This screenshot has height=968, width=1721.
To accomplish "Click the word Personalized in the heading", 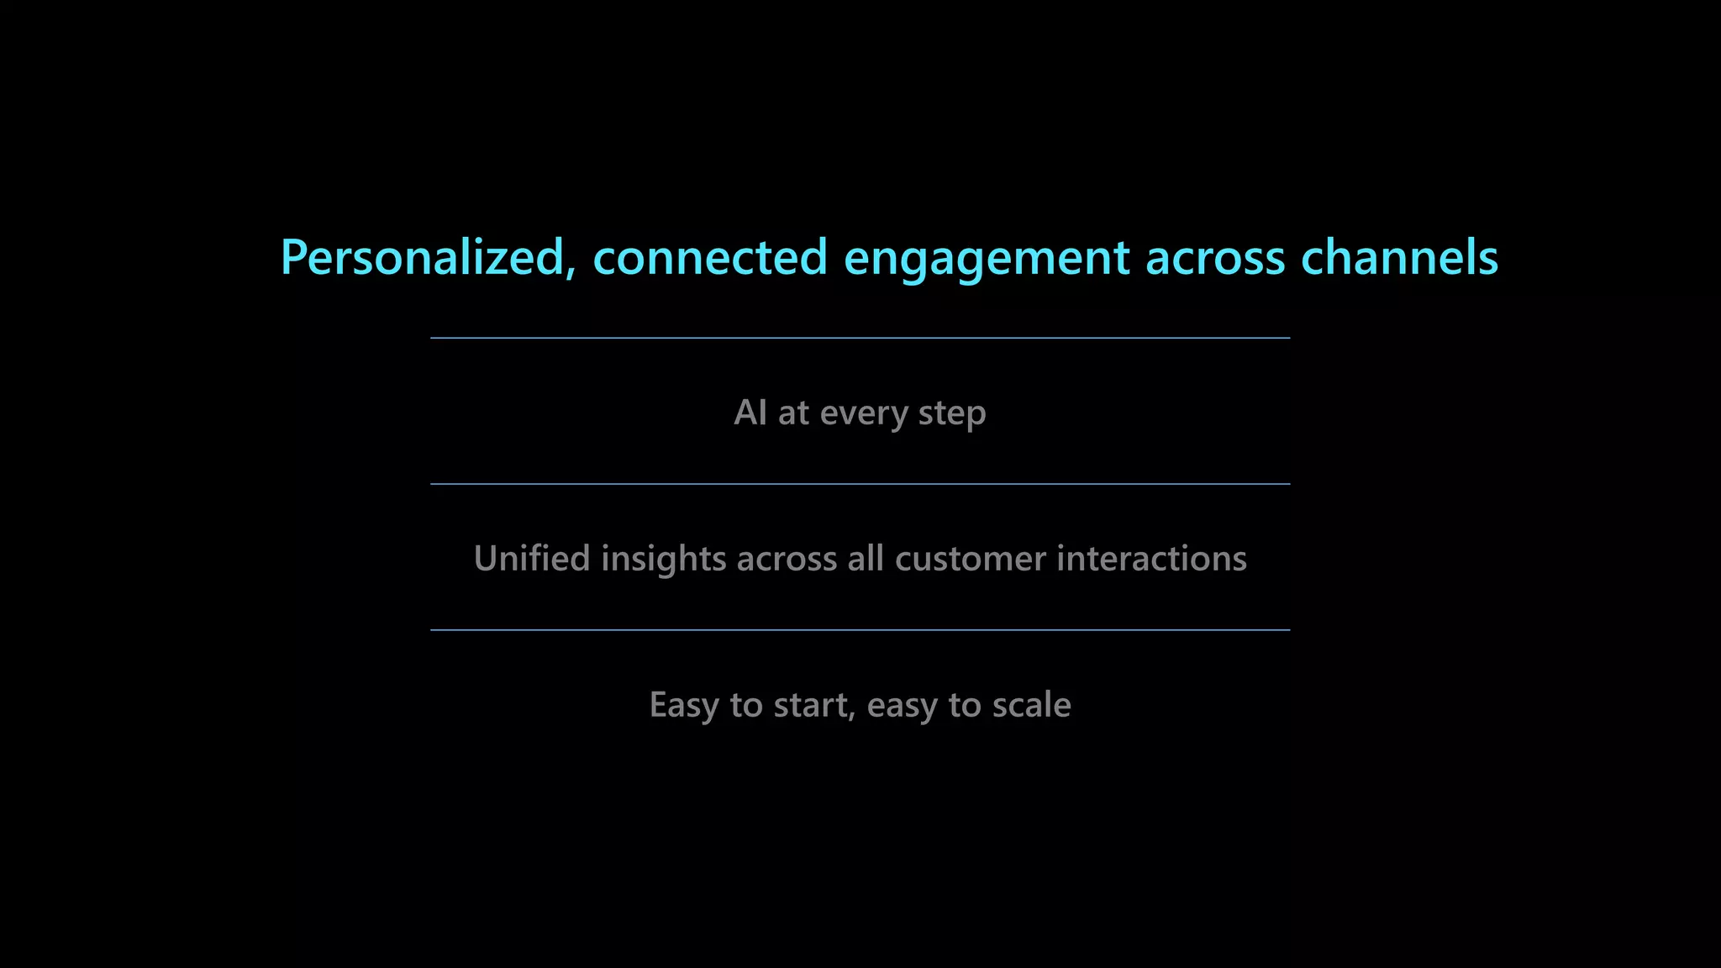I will (x=421, y=257).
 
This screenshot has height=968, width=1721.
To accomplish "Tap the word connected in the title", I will (x=710, y=257).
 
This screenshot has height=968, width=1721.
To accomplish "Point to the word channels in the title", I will (x=1399, y=257).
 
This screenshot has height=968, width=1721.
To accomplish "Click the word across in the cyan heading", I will (x=1215, y=259).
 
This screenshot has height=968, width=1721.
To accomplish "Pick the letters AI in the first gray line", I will (x=750, y=413).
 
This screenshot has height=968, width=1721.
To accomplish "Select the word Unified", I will (x=532, y=559).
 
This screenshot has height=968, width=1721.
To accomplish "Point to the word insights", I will (x=663, y=560).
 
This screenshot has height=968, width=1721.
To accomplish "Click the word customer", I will (x=971, y=559).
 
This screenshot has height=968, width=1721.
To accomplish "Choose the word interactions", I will (x=1151, y=559).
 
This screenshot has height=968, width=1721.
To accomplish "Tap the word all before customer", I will (x=866, y=559).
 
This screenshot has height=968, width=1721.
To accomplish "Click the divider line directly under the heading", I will (x=860, y=338).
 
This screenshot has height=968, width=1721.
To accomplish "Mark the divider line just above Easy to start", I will (x=860, y=629).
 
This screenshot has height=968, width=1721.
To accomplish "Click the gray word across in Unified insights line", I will (x=787, y=560).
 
